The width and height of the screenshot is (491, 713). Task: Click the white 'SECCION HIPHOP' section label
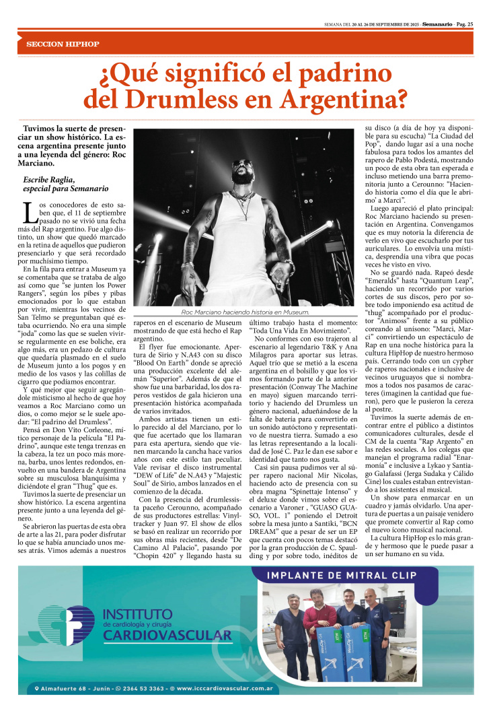(x=63, y=44)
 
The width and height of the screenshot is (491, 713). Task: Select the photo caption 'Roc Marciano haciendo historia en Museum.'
(x=245, y=312)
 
